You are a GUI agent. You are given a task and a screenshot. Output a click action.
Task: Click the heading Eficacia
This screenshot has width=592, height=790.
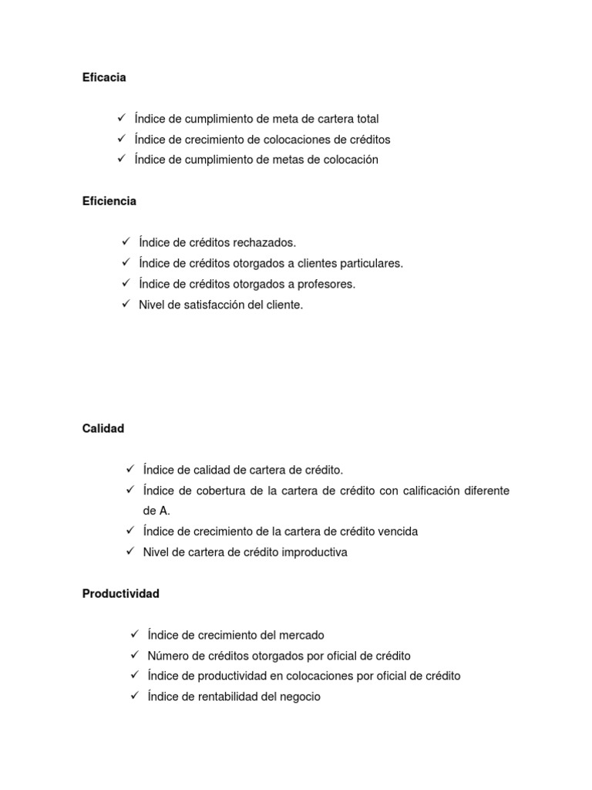(104, 77)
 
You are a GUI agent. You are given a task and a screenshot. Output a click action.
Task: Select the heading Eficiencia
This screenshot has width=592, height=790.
(109, 201)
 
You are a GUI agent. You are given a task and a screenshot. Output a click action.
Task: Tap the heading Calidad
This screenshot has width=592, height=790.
(103, 429)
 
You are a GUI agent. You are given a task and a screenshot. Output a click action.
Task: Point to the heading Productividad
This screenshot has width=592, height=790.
(121, 594)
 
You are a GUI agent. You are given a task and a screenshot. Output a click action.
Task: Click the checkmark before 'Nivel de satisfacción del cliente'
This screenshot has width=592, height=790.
(126, 304)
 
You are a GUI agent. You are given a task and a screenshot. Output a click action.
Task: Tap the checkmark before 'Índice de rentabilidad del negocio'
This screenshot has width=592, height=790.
(135, 696)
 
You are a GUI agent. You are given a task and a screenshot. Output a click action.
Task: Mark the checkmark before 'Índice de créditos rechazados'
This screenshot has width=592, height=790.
(126, 242)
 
